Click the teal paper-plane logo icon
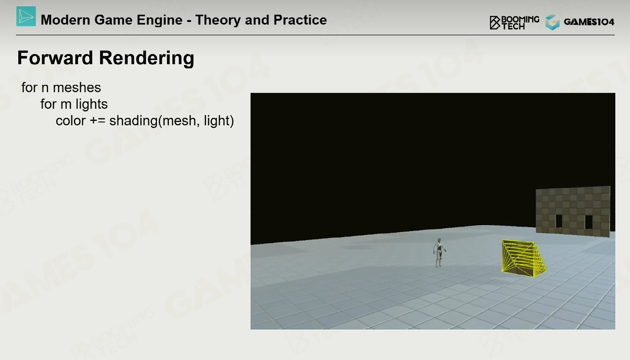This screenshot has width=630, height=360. pos(26,17)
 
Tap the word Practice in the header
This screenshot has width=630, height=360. pos(300,20)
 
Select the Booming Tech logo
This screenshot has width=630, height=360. pos(514,22)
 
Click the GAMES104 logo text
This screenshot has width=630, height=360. pos(589,22)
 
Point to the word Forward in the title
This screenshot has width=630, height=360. pos(55,58)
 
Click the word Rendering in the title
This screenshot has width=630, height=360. pos(146,58)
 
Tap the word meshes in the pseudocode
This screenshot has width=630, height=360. pos(77,88)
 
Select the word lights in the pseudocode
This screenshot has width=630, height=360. pos(92,104)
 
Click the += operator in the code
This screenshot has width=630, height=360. pos(97,121)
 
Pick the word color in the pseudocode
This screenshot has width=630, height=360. pos(71,121)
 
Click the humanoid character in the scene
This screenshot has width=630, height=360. pos(439,252)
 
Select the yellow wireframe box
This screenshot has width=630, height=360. pos(524,258)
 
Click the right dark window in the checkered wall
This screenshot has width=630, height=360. pos(589,222)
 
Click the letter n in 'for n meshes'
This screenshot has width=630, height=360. pos(45,88)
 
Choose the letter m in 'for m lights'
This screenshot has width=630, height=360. pos(66,105)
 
